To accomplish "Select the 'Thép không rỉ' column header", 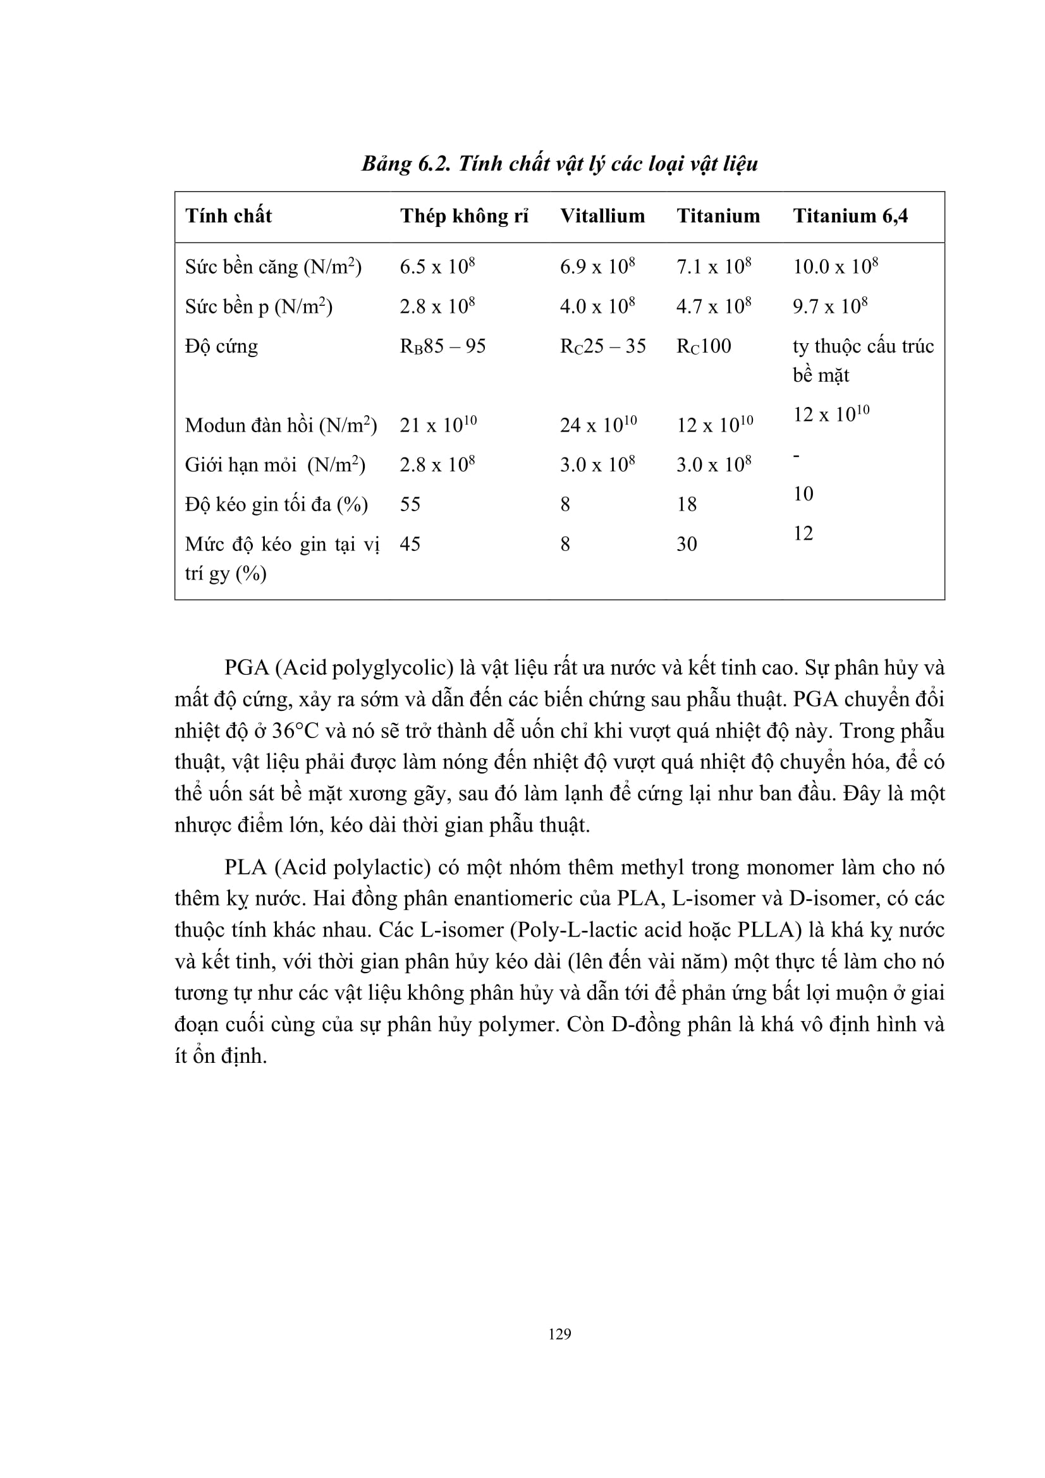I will (x=463, y=215).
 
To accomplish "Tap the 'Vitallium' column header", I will (x=602, y=215).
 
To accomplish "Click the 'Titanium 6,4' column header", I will (x=850, y=215).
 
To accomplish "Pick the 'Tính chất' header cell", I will (x=229, y=215).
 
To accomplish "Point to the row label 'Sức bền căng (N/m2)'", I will (x=273, y=267).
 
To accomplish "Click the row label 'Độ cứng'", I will (x=221, y=346).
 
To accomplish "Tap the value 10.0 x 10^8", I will (x=835, y=266).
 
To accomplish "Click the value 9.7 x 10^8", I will (x=829, y=306).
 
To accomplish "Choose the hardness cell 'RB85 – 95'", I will (x=443, y=346).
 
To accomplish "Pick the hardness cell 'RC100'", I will (x=703, y=346).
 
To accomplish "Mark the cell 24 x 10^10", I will (x=598, y=424).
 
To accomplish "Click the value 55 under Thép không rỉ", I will (x=410, y=504).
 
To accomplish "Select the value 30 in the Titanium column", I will (x=687, y=544).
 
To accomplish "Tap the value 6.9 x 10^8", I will (x=597, y=266).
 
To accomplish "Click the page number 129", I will (x=559, y=1334).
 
